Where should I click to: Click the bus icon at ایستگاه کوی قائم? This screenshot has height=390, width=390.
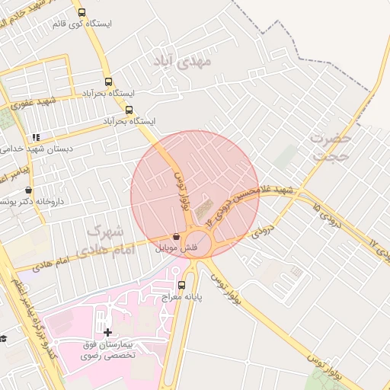(82, 12)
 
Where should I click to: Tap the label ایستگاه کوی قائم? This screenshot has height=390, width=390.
(82, 24)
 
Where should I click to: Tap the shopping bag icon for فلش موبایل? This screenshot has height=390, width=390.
(177, 237)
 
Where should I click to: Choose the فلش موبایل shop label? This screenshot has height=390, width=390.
(177, 248)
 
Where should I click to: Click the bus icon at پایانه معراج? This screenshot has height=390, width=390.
(181, 286)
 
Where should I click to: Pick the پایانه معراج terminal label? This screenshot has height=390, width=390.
(181, 297)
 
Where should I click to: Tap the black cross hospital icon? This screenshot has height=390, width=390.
(107, 332)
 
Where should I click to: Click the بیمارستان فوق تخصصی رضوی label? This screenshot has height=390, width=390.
(108, 349)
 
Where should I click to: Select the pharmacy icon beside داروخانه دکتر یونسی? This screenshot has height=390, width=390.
(29, 190)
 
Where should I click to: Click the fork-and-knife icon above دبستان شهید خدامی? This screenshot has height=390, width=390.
(36, 138)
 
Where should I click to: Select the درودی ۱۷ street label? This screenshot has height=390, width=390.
(379, 248)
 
